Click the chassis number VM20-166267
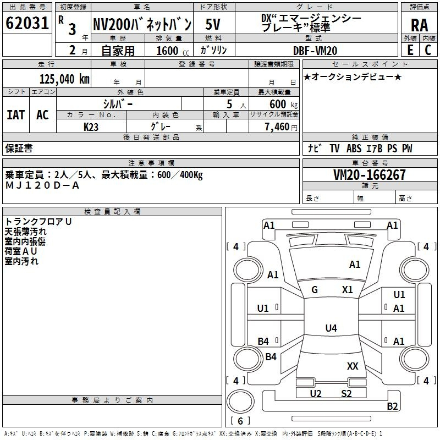tap(370, 175)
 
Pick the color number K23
tap(91, 126)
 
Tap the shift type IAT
tap(15, 114)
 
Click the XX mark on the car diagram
tap(353, 366)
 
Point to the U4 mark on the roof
tap(331, 328)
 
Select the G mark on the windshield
tap(315, 290)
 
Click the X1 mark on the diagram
tap(347, 290)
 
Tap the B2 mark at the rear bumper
tap(392, 406)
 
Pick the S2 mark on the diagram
tap(346, 393)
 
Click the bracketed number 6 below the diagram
tap(240, 421)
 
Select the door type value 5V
tap(213, 24)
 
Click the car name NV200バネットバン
tap(141, 24)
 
